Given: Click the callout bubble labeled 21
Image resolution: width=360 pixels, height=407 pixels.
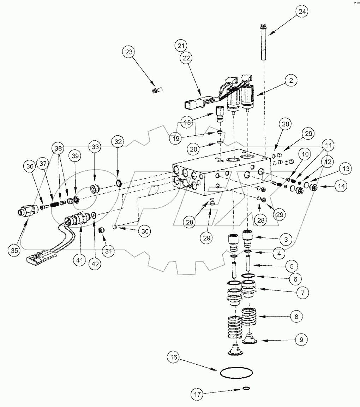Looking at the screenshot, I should click(181, 46).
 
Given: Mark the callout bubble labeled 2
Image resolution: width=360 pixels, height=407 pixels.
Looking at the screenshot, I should click(291, 81).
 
